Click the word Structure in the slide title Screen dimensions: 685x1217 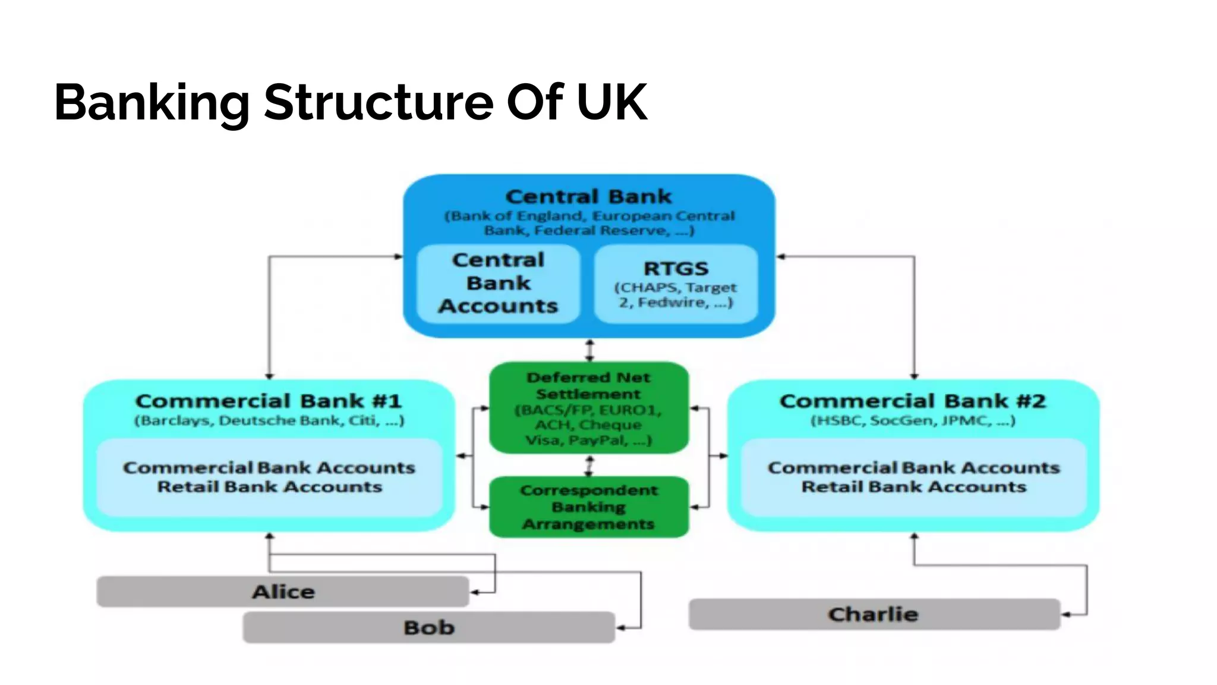tap(379, 102)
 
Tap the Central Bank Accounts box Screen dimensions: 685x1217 tap(498, 283)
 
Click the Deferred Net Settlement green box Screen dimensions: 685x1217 tap(588, 408)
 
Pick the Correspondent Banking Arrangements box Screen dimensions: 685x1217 tap(588, 507)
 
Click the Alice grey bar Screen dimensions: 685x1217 tap(283, 592)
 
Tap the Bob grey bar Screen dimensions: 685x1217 tap(428, 627)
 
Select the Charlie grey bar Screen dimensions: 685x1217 tap(873, 614)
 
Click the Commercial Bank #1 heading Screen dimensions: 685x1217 tap(269, 401)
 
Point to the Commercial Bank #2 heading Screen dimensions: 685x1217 tap(913, 401)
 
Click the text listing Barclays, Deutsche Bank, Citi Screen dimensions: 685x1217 tap(269, 421)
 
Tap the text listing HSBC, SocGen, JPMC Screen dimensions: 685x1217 tap(913, 421)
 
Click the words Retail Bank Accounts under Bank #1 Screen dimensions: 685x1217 tap(269, 487)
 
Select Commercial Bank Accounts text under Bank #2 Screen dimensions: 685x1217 tap(913, 467)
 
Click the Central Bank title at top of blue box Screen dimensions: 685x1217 tap(588, 196)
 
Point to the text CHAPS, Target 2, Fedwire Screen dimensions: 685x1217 tap(676, 295)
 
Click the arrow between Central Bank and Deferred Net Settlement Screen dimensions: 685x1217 tap(589, 350)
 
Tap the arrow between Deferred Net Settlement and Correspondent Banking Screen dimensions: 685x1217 tap(589, 466)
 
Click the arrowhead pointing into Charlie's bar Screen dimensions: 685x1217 tap(1066, 614)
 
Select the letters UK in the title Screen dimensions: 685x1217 tap(611, 102)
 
